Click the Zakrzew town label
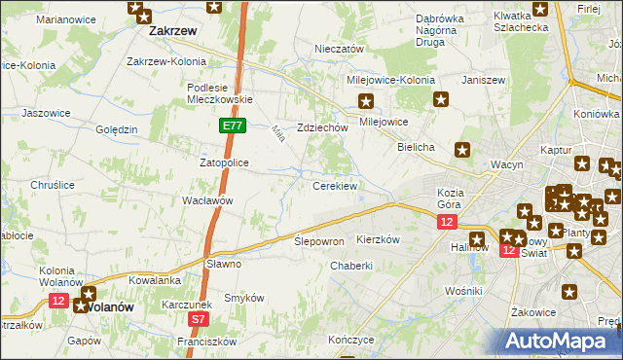point(173,31)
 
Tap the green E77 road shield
point(232,126)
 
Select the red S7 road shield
point(200,318)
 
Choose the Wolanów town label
point(109,306)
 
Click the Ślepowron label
point(319,240)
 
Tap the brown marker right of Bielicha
point(463,149)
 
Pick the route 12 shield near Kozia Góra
point(446,223)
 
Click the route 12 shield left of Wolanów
point(58,302)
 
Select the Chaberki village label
point(351,266)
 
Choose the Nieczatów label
point(339,49)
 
